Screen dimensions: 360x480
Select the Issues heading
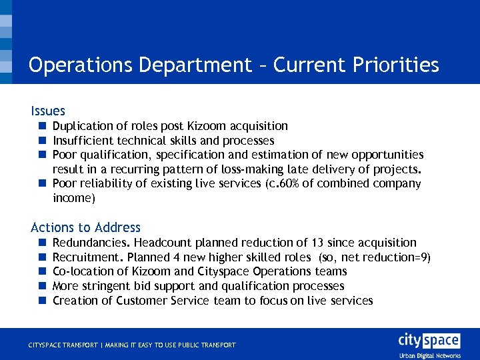[48, 111]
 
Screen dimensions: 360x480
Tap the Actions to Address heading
[86, 228]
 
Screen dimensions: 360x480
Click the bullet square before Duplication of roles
[41, 126]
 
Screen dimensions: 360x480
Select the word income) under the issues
[74, 198]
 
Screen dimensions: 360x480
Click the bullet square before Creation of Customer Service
[41, 301]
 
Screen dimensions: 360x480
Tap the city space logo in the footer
[429, 341]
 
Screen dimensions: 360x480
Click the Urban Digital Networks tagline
[429, 355]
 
